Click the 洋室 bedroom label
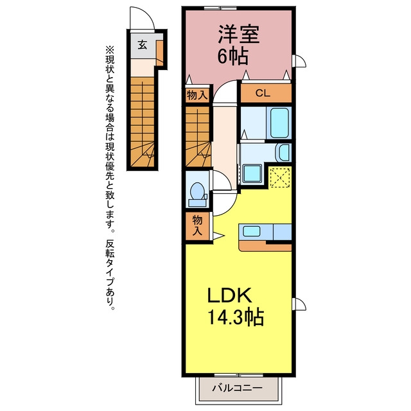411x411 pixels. pos(239,34)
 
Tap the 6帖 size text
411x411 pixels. pos(232,57)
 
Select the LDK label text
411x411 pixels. pos(230,295)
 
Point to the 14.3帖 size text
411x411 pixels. pos(236,317)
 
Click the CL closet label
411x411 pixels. pos(263,93)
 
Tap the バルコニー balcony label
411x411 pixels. pos(238,388)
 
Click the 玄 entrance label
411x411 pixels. pos(143,45)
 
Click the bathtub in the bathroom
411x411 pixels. pos(279,123)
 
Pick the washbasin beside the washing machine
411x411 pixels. pos(284,152)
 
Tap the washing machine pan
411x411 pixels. pos(252,173)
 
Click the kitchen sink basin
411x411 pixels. pos(252,231)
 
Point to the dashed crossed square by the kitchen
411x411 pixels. pos(280,178)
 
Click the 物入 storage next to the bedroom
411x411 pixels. pos(197,94)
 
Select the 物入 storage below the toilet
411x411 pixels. pos(198,226)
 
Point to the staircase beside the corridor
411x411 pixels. pos(198,137)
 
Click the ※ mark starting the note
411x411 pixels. pos(110,49)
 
